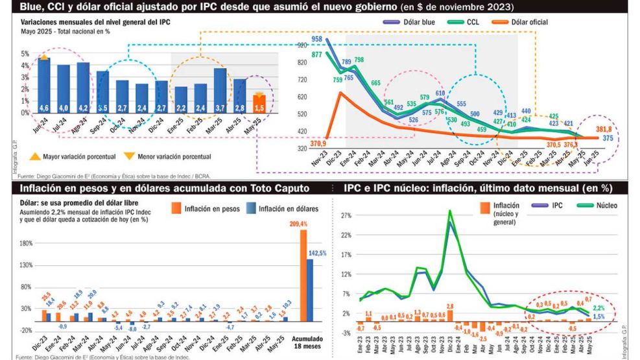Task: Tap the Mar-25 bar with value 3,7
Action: pyautogui.click(x=220, y=91)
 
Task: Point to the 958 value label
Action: pyautogui.click(x=317, y=40)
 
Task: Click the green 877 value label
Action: pyautogui.click(x=317, y=54)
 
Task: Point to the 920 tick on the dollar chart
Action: pyautogui.click(x=301, y=45)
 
